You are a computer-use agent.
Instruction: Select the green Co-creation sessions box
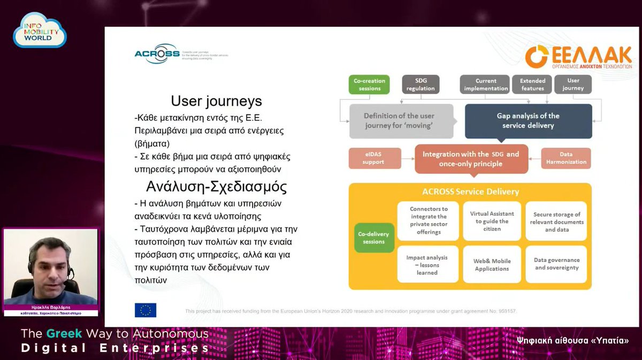pos(369,85)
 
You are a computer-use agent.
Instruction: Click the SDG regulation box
pos(421,85)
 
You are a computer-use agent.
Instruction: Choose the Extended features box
pos(532,85)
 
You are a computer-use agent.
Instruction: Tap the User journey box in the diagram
pos(573,85)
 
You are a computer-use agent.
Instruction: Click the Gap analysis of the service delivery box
pos(528,121)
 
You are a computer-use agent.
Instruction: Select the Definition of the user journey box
pos(399,121)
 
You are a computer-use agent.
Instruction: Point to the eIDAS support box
pos(374,158)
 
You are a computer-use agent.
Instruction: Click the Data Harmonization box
pos(566,158)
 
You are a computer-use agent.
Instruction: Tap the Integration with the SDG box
pos(471,158)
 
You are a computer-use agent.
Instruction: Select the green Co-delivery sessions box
pos(374,238)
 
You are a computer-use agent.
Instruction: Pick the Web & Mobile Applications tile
pos(492,264)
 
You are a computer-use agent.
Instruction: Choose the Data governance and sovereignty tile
pos(556,264)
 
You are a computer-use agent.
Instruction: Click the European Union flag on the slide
pos(146,310)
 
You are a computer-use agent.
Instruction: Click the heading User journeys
pos(216,101)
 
